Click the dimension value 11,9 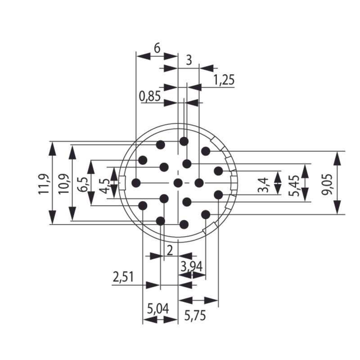pos(43,183)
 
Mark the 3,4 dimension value pos(265,183)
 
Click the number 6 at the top pos(157,48)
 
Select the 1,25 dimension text pos(224,80)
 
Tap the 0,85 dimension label pos(150,96)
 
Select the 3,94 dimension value pos(191,266)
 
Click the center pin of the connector pos(178,183)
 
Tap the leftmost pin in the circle pos(136,183)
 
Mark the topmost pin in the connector pos(184,141)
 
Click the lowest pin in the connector pos(184,224)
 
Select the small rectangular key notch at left pos(121,183)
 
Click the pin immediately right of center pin pos(199,183)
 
